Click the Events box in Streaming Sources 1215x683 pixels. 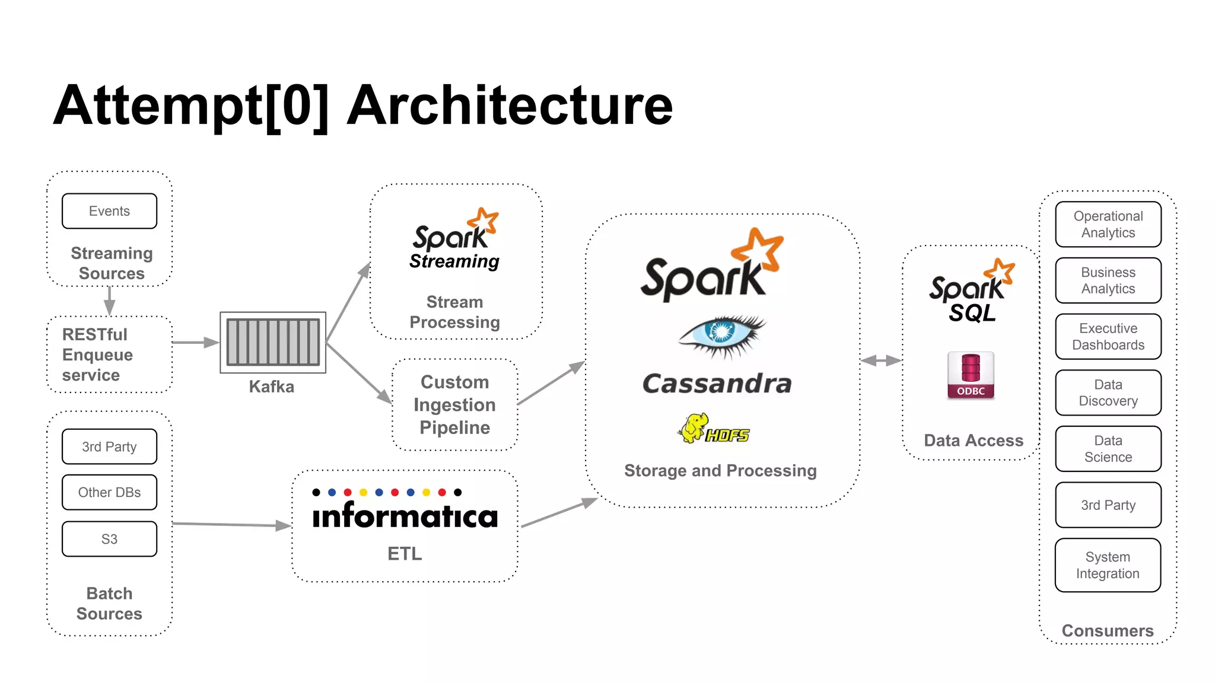click(x=109, y=211)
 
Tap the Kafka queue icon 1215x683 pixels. click(x=273, y=342)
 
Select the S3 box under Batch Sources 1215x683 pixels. click(x=109, y=539)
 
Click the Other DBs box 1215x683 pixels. click(x=109, y=492)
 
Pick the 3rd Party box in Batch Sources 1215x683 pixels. click(x=109, y=446)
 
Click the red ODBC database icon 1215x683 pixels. click(x=971, y=375)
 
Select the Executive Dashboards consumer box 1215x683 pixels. click(x=1108, y=337)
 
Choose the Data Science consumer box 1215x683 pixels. click(x=1108, y=449)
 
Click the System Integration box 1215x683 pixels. click(x=1108, y=565)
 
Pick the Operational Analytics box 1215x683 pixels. click(x=1108, y=224)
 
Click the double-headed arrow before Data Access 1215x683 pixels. click(x=881, y=360)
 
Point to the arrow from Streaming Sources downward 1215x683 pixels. click(x=109, y=301)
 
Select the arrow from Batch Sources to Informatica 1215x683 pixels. click(x=231, y=524)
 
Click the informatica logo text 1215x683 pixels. click(x=405, y=515)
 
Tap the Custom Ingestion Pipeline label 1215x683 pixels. click(x=454, y=404)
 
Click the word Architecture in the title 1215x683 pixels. click(x=510, y=106)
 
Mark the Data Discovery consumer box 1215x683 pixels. click(x=1108, y=392)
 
